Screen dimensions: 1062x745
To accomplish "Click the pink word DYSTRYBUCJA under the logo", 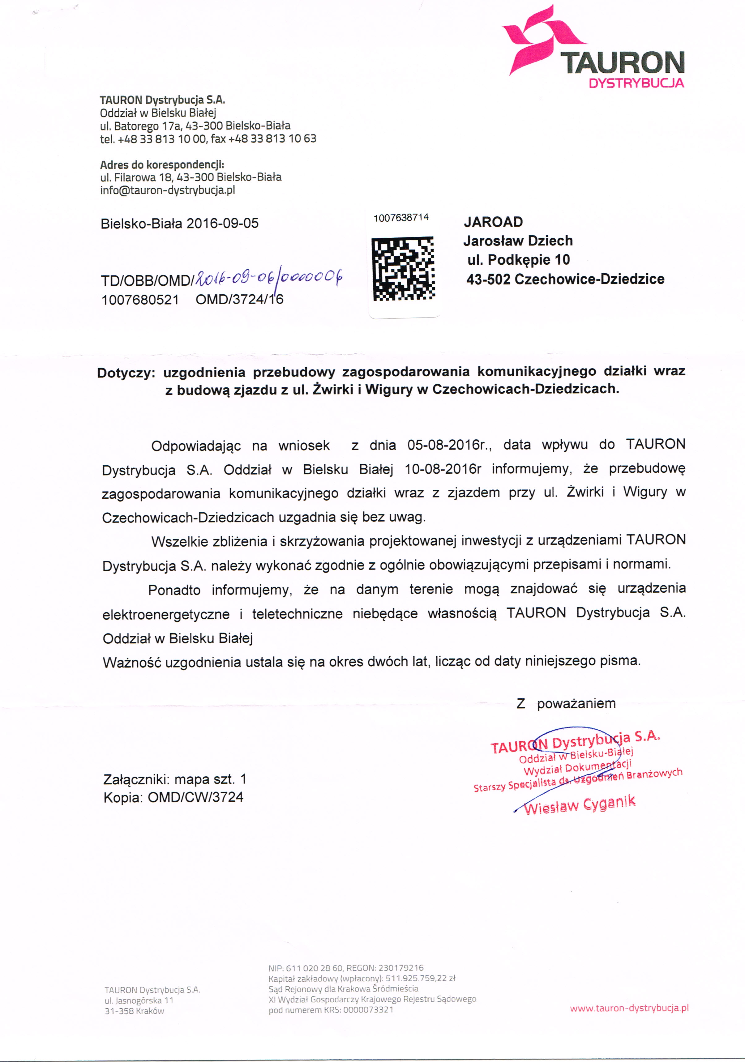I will tap(636, 83).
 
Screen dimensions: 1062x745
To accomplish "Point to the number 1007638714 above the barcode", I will tap(401, 217).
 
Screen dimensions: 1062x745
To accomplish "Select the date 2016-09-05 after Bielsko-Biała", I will tap(223, 224).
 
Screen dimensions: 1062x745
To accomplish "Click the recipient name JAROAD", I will tap(493, 222).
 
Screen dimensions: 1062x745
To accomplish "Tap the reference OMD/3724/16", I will tap(239, 299).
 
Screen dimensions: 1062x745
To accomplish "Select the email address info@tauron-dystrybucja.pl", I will tap(168, 190).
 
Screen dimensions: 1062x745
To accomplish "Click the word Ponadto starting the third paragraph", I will tap(174, 590).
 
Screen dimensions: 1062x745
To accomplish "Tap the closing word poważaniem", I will tap(576, 704).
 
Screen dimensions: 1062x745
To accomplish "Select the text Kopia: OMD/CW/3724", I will tap(173, 797).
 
